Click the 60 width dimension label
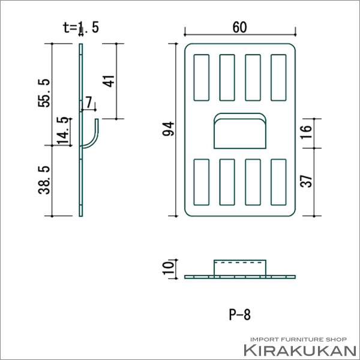pos(239,27)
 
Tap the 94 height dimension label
pos(168,129)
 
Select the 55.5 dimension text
pos(44,93)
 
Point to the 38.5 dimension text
pos(44,180)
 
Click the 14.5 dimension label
pos(63,131)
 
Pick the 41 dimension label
pos(109,81)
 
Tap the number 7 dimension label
pos(89,102)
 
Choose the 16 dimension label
pos(306,132)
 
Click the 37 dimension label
pos(306,181)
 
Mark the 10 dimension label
pos(168,268)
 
